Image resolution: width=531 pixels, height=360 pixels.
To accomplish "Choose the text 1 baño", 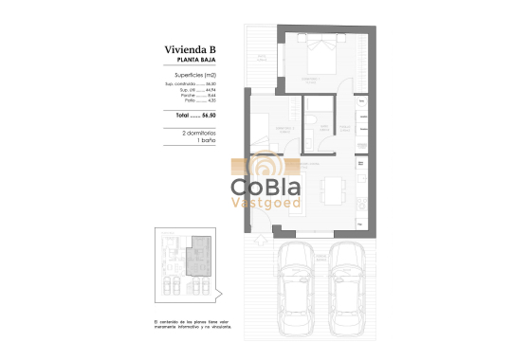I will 197,141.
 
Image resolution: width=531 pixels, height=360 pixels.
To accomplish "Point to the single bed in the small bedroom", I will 263,126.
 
